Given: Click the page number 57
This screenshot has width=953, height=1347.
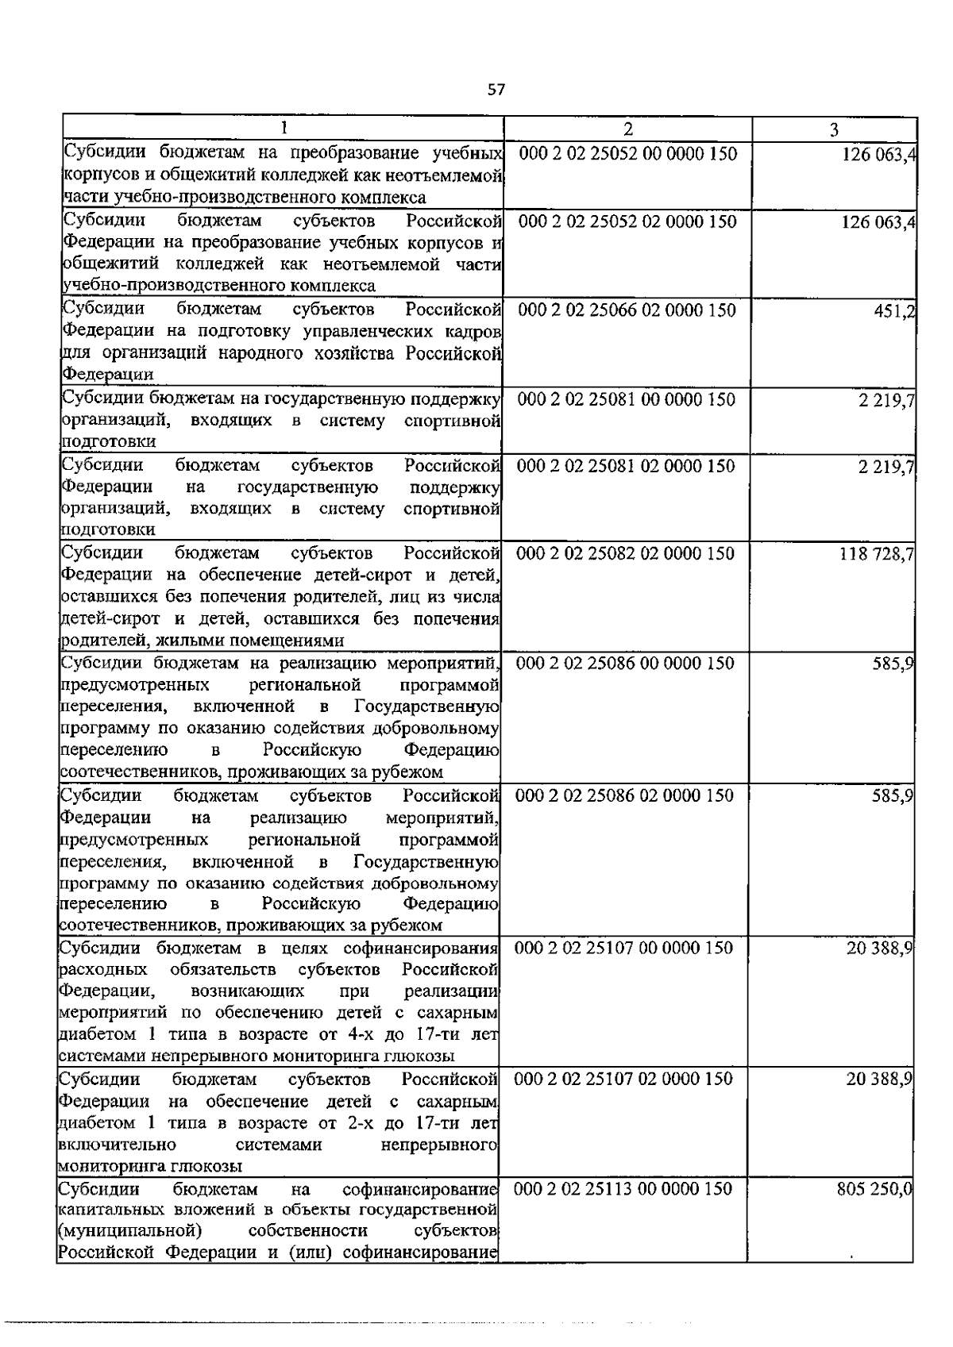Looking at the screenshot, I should click(496, 90).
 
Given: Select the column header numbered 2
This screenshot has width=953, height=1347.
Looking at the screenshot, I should click(627, 129).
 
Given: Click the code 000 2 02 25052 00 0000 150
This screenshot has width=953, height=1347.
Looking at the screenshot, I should click(628, 153).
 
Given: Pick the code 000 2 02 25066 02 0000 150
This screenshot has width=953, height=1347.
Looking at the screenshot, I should click(627, 310).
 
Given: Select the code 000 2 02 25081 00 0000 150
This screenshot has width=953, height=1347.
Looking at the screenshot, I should click(627, 398).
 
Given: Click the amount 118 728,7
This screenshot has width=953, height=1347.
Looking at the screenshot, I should click(876, 553).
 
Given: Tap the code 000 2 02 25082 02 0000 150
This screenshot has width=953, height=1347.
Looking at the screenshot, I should click(626, 553).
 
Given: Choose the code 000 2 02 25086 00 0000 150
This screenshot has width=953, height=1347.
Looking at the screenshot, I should click(626, 663).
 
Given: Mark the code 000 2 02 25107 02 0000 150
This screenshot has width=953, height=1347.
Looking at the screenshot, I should click(624, 1079).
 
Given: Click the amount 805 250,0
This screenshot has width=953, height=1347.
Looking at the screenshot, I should click(874, 1189).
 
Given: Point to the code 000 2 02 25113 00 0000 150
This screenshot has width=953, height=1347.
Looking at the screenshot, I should click(624, 1189).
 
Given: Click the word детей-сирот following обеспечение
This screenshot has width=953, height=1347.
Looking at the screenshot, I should click(376, 575).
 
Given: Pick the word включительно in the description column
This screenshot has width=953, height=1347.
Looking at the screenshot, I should click(117, 1145).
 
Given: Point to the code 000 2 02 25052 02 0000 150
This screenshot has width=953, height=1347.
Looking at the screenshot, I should click(628, 221).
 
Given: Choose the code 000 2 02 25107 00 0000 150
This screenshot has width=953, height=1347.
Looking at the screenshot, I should click(624, 947).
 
